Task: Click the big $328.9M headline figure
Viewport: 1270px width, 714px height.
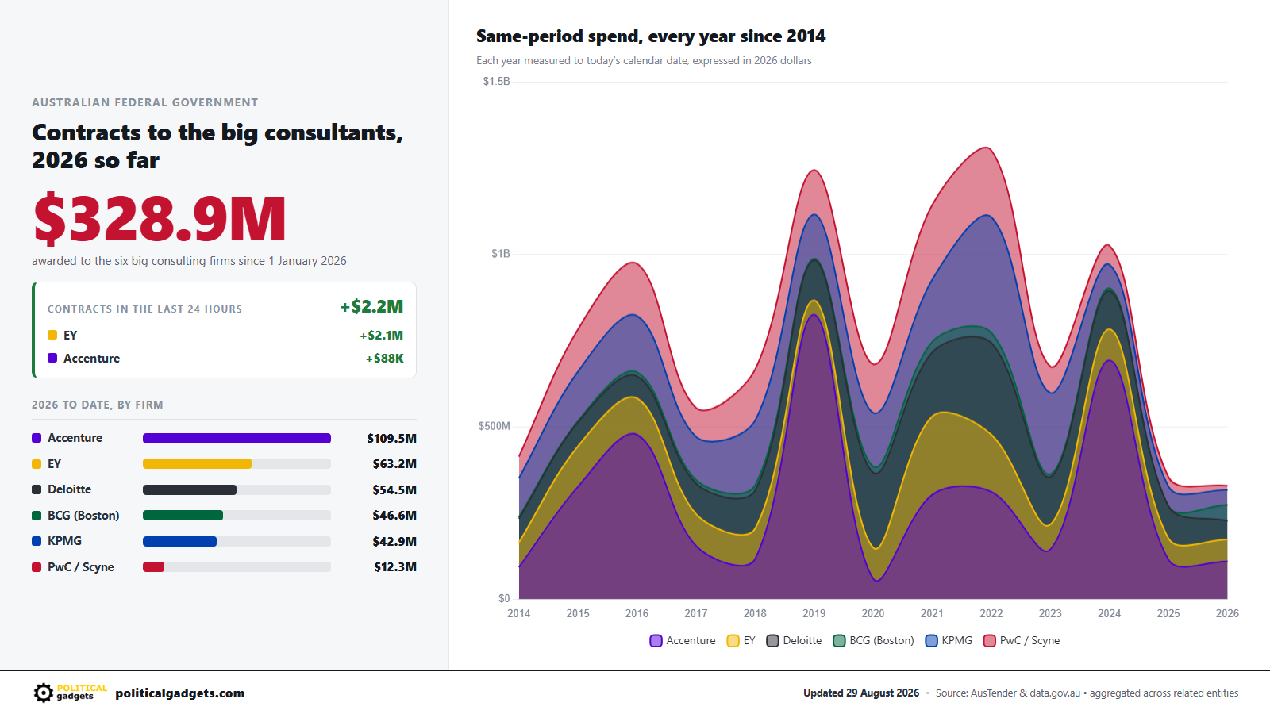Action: (x=160, y=218)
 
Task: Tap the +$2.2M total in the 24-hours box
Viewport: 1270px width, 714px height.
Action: (x=371, y=306)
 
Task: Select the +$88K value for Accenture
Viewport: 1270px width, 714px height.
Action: (x=384, y=358)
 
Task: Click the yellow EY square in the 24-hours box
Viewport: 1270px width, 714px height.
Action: (x=52, y=335)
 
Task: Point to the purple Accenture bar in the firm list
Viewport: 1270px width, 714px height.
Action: (x=237, y=438)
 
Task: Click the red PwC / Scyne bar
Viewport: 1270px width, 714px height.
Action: (x=153, y=566)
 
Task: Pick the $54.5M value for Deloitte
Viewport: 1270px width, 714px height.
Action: (x=394, y=489)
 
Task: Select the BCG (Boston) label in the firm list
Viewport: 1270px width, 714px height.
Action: (x=83, y=515)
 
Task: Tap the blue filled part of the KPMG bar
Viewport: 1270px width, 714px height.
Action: (x=179, y=541)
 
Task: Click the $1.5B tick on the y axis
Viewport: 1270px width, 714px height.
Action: (x=496, y=82)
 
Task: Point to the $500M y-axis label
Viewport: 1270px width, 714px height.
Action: (x=494, y=426)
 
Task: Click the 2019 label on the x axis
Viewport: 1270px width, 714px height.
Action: (x=814, y=613)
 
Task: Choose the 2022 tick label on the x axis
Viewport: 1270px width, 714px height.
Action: (x=991, y=613)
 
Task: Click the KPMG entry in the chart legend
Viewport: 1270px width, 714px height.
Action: (x=948, y=640)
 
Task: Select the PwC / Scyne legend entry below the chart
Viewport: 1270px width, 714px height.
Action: (x=1021, y=640)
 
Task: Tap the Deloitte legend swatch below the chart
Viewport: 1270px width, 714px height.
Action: (x=772, y=641)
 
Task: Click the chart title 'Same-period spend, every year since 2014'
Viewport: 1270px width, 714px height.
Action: (x=651, y=36)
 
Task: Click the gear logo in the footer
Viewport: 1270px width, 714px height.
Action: (x=43, y=693)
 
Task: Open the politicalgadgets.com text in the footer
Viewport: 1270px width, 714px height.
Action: (x=179, y=693)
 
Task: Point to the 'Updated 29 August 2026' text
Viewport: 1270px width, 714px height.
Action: (x=860, y=693)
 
